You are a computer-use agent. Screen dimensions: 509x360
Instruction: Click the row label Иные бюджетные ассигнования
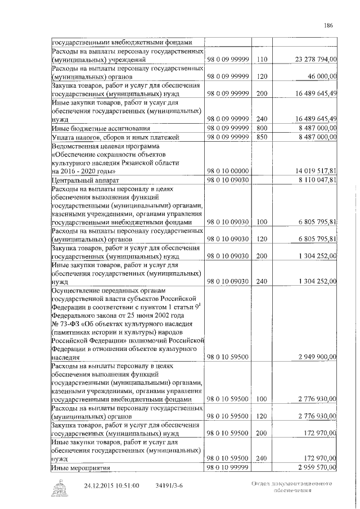tap(92, 128)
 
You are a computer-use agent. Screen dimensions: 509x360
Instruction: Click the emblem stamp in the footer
tap(58, 488)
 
